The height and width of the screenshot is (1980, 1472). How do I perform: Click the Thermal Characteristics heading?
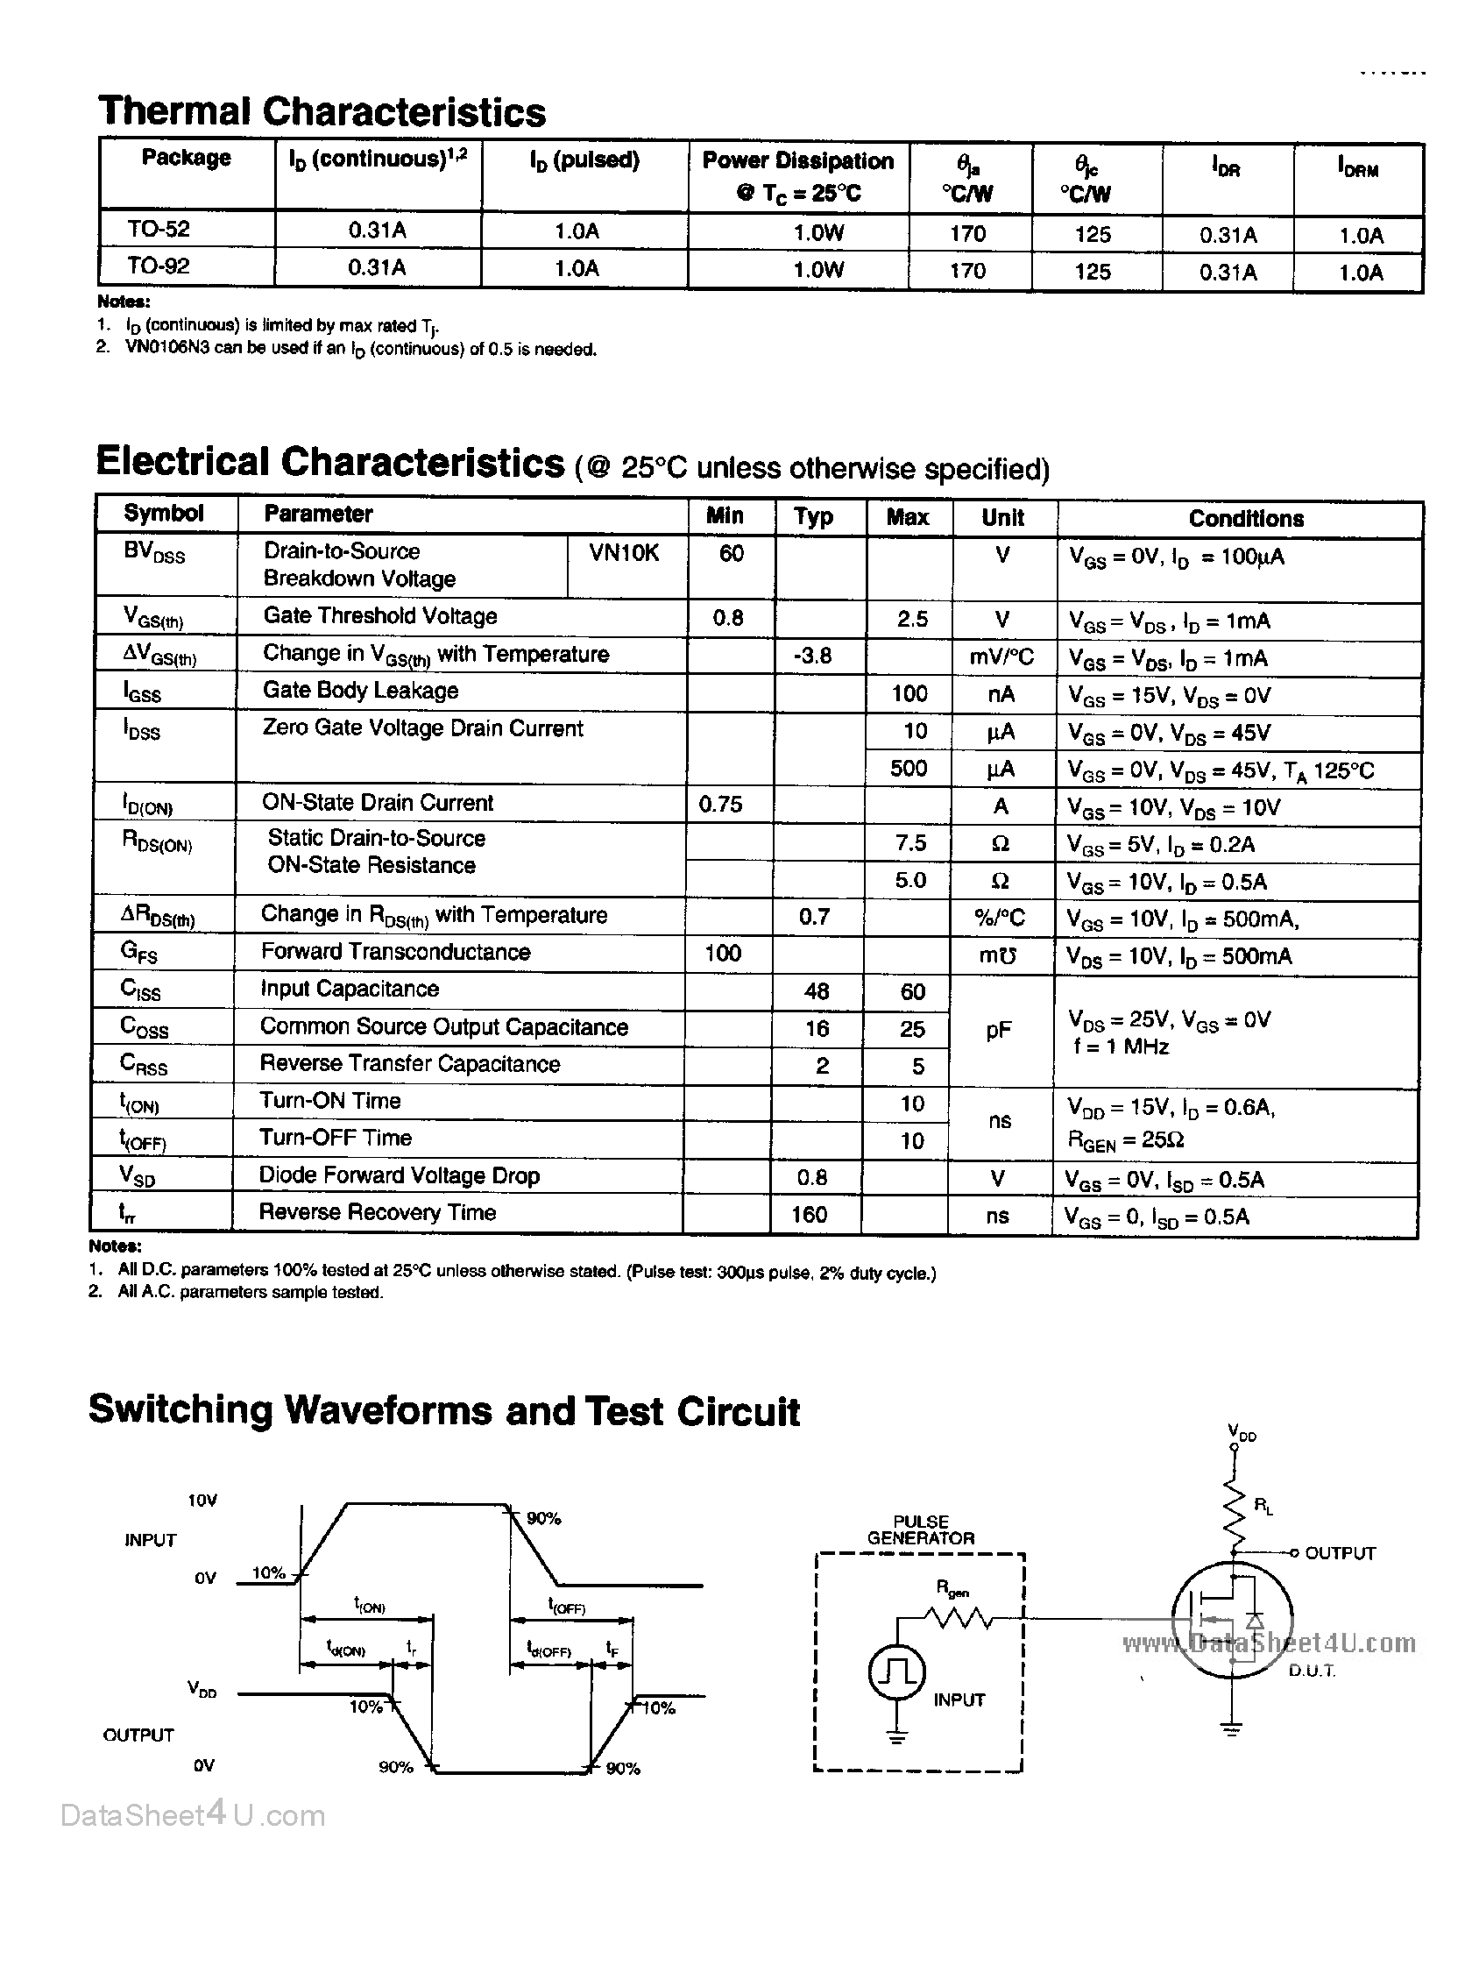point(322,112)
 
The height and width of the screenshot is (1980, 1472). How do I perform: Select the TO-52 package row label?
point(159,229)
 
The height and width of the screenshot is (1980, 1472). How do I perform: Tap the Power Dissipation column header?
point(797,175)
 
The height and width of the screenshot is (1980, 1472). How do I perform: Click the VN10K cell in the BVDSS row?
point(624,553)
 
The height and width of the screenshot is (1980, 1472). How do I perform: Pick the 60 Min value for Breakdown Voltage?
point(731,553)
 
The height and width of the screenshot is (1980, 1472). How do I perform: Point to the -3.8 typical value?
point(812,656)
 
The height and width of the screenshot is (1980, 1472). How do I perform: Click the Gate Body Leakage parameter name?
point(360,691)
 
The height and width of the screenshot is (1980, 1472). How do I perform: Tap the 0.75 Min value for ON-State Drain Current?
point(720,805)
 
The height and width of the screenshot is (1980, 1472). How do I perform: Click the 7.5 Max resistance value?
point(909,843)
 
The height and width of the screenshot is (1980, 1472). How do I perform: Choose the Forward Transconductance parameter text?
point(396,952)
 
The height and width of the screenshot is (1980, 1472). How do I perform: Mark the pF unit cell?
point(999,1030)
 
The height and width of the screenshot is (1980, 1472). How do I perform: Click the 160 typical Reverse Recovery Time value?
point(809,1215)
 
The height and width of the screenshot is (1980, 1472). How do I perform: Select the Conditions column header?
point(1246,519)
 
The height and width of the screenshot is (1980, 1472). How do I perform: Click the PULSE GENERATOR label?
point(921,1530)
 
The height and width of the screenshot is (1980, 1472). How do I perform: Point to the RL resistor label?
point(1263,1506)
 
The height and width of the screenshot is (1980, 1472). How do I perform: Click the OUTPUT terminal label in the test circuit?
point(1340,1553)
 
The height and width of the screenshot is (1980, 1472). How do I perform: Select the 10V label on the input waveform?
point(202,1501)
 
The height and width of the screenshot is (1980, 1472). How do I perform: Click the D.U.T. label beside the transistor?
point(1311,1671)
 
